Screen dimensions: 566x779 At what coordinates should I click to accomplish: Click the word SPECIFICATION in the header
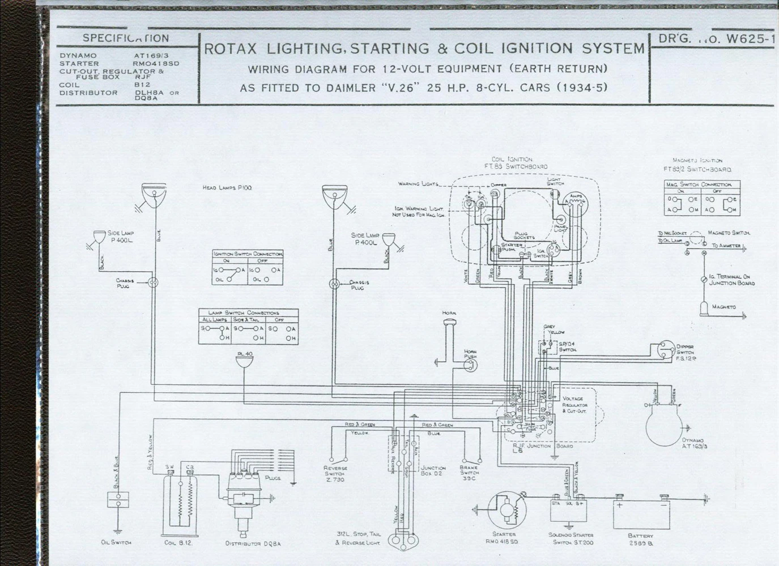point(126,38)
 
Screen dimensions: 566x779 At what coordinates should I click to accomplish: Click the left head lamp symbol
point(154,195)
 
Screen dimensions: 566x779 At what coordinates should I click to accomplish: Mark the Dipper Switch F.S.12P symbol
point(664,351)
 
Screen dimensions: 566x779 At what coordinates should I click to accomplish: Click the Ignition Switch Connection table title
point(248,254)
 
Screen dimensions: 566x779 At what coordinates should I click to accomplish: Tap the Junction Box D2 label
point(433,470)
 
